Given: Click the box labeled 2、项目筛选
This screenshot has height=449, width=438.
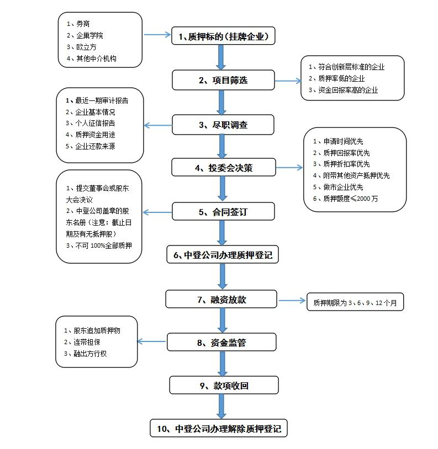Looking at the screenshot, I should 223,80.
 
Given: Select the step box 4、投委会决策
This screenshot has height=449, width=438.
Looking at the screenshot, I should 223,168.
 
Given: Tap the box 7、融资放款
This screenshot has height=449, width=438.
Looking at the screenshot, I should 221,300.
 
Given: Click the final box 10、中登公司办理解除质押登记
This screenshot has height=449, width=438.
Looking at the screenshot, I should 219,428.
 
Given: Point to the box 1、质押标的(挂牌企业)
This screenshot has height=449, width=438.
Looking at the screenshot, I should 223,36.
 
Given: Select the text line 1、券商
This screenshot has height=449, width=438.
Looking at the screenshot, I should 78,24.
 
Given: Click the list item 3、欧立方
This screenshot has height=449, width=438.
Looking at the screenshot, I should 82,47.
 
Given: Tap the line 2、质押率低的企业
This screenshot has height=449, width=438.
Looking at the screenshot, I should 337,78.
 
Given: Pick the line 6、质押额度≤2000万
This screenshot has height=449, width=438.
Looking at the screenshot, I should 346,199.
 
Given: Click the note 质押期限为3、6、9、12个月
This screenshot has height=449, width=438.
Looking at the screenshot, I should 355,303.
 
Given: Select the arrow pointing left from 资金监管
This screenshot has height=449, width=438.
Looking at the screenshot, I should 151,342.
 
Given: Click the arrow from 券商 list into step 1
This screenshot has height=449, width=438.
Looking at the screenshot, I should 157,35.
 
